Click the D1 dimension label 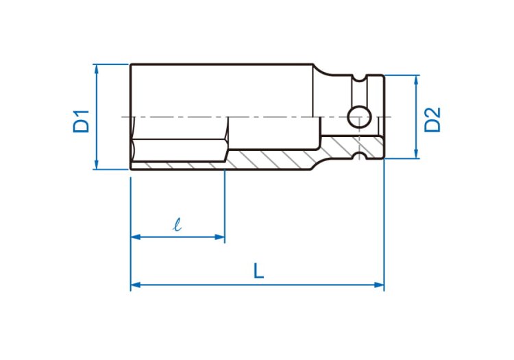pyautogui.click(x=81, y=121)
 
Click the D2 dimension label pyautogui.click(x=432, y=120)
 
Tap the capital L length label pyautogui.click(x=258, y=271)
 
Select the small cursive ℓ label pyautogui.click(x=178, y=224)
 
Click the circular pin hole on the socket pyautogui.click(x=359, y=117)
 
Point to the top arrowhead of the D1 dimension pyautogui.click(x=96, y=69)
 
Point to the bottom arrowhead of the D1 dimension pyautogui.click(x=96, y=165)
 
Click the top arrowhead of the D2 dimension pyautogui.click(x=416, y=80)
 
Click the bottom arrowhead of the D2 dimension pyautogui.click(x=416, y=154)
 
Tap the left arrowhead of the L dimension pyautogui.click(x=136, y=285)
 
